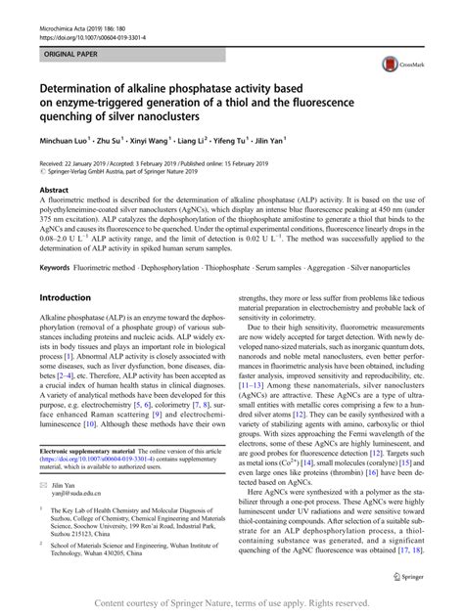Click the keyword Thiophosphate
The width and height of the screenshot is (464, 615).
click(x=251, y=266)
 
